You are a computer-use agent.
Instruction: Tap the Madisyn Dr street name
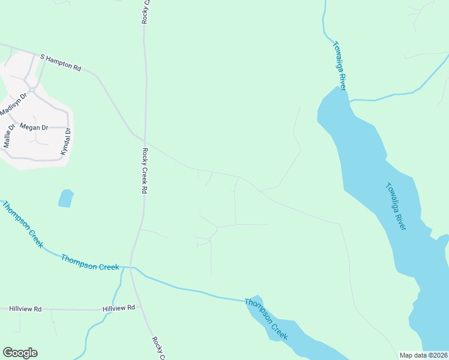click(14, 104)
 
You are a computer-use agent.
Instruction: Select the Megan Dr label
click(34, 127)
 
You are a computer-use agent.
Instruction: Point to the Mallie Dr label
click(8, 136)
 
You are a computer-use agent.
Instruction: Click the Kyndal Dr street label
click(66, 142)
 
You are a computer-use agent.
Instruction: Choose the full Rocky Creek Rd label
click(145, 171)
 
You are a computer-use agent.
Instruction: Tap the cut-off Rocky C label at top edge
click(145, 11)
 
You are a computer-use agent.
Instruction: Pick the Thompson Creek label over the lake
click(267, 319)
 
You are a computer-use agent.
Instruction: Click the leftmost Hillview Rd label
click(25, 308)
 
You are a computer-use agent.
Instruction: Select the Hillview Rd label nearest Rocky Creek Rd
click(119, 308)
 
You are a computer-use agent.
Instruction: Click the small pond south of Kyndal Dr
click(66, 198)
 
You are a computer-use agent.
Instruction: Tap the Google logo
click(20, 353)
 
